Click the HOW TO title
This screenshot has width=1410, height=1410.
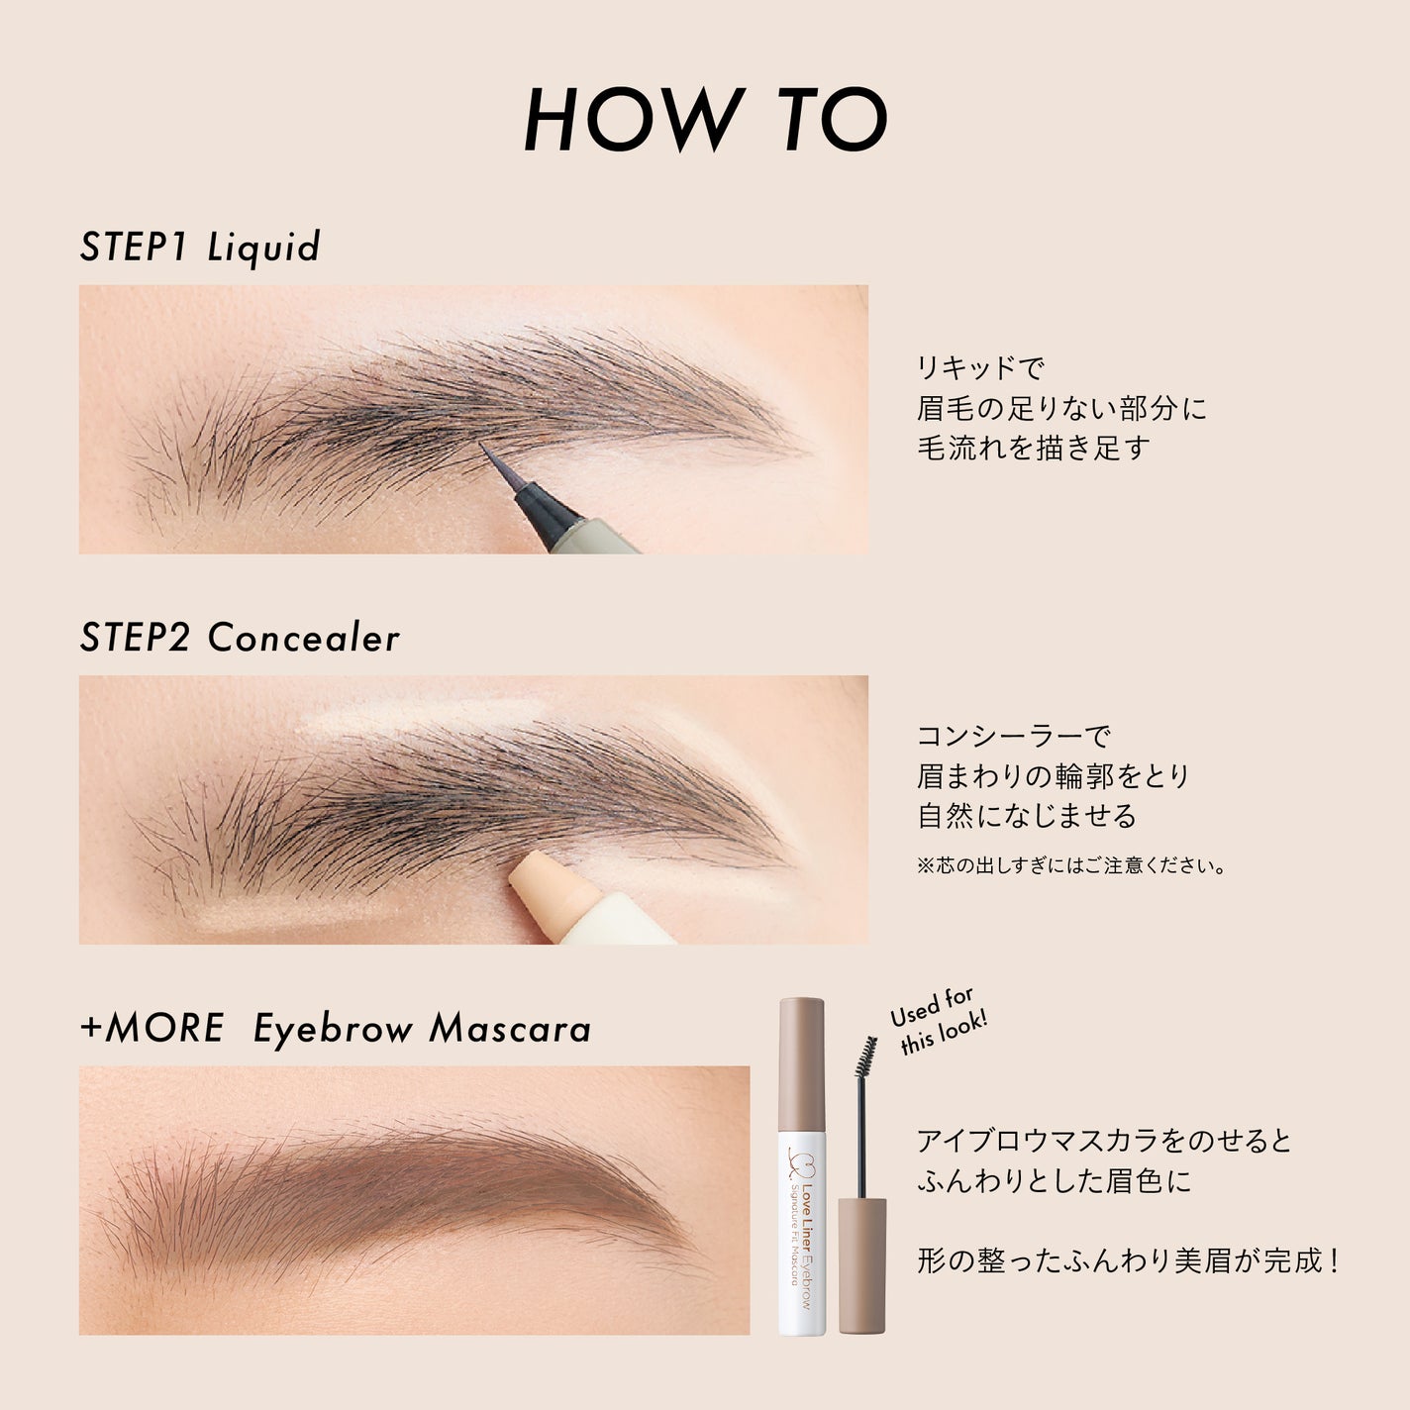click(705, 119)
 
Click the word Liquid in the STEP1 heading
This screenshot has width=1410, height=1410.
click(264, 248)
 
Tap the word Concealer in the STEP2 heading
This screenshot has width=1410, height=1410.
click(304, 638)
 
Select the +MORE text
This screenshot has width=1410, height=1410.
click(152, 1028)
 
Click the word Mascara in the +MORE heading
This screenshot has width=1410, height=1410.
click(510, 1028)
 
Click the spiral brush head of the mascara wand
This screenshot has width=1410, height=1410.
click(867, 1057)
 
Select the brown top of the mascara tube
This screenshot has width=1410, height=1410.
click(802, 1064)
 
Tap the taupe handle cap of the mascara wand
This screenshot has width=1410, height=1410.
click(862, 1265)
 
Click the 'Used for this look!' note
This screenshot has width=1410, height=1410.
click(938, 1020)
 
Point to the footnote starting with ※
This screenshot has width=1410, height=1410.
click(1071, 866)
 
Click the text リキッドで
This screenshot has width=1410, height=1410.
click(979, 368)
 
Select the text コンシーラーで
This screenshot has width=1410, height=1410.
click(1013, 736)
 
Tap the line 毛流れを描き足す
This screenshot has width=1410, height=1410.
click(1034, 449)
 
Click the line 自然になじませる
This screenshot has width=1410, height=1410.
click(1027, 816)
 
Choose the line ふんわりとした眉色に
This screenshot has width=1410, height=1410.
click(1055, 1181)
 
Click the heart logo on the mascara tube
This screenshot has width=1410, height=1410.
click(797, 1159)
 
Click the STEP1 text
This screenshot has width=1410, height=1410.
click(134, 248)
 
